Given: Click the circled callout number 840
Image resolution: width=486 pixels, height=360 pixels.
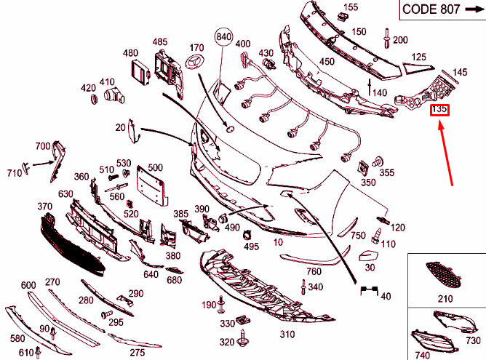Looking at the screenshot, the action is [x=223, y=37].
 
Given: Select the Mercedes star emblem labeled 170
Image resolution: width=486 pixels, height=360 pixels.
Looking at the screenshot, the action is [x=195, y=61].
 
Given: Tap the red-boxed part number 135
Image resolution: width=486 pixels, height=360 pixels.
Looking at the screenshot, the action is [x=439, y=110].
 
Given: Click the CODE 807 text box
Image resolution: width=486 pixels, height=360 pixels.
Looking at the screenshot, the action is [x=442, y=9].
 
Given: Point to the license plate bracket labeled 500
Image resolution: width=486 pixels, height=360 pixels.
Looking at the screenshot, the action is [x=152, y=186].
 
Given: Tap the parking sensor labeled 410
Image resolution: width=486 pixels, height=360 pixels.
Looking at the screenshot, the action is [x=113, y=96].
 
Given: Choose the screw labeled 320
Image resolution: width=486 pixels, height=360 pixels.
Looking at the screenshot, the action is [x=242, y=339].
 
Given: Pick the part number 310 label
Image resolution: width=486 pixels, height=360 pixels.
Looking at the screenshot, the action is [x=287, y=335].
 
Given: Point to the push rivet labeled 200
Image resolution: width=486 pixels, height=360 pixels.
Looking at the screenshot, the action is [x=387, y=38].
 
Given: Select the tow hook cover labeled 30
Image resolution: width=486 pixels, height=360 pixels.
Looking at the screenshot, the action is [x=368, y=255].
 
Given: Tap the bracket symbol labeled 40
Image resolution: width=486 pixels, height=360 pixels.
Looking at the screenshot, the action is [x=369, y=291].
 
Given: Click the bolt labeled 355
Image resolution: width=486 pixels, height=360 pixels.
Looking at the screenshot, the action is [x=378, y=161].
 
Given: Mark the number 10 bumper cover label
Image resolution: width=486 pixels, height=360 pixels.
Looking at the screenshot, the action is [x=278, y=242].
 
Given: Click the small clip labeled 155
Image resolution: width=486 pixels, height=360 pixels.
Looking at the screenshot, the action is [x=342, y=17].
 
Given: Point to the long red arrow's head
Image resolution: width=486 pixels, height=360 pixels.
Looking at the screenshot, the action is [x=440, y=125].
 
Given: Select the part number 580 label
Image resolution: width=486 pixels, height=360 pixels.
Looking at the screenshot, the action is [x=17, y=338].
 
